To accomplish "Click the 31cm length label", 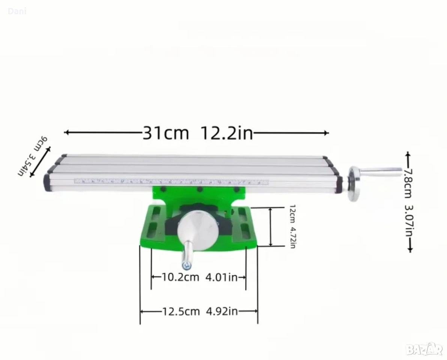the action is point(166,133).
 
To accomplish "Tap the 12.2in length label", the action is point(227,133).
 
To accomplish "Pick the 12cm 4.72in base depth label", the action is point(292,226).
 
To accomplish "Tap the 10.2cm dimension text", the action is point(181,277).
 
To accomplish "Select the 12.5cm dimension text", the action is point(181,311).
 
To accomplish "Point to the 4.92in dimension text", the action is point(222,311).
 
